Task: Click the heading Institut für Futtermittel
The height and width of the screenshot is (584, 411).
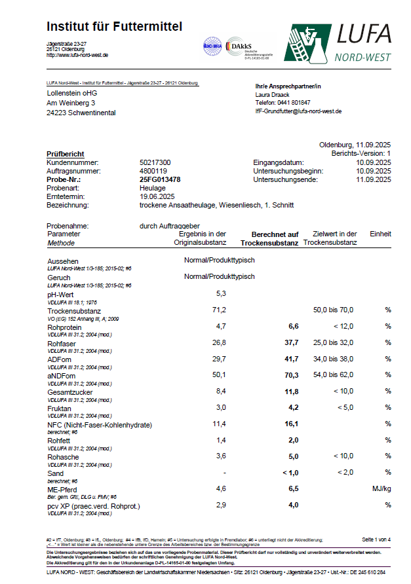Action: coord(114,27)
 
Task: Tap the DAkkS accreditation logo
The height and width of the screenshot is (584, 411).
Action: coord(243,47)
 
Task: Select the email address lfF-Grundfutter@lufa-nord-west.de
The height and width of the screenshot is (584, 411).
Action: coord(298,111)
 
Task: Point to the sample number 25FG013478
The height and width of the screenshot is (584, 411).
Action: coord(160,179)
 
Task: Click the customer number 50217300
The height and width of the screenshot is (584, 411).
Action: coord(155,162)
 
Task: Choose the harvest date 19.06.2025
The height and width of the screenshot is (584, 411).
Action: coord(158,196)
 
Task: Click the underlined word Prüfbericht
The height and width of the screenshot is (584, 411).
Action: coord(66,154)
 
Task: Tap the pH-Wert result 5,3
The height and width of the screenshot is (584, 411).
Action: coord(221,293)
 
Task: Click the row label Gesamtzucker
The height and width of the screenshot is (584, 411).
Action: coord(69,392)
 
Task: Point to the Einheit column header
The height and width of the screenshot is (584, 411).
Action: coord(380,234)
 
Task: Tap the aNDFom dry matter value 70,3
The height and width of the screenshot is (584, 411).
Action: coord(290,375)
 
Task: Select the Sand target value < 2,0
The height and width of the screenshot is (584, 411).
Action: coord(342,473)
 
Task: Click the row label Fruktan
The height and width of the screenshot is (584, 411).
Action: coord(60,409)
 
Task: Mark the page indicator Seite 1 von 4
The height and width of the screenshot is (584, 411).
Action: coord(376,539)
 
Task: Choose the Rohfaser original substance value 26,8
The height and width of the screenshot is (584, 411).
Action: coord(219,342)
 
